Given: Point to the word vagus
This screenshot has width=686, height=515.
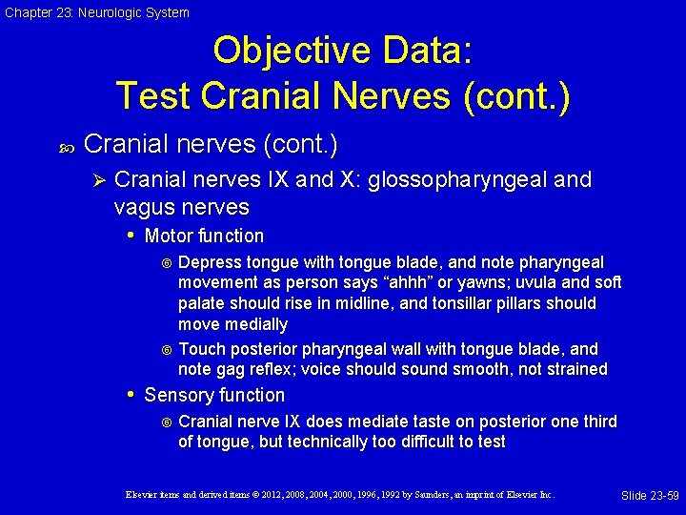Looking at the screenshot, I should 146,207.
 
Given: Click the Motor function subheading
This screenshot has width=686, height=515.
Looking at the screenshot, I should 204,236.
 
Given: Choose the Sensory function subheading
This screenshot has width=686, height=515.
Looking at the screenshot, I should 214,395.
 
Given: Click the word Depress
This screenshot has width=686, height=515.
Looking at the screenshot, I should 210,262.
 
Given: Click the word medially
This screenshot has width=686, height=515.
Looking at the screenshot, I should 255,325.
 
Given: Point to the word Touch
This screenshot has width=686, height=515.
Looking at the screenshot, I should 200,349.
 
